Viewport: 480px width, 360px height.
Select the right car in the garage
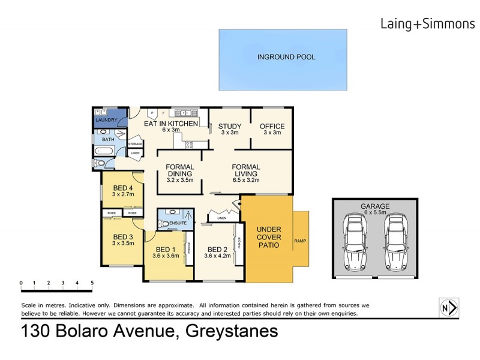pyautogui.click(x=395, y=242)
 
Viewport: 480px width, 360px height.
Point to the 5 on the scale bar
pyautogui.click(x=92, y=282)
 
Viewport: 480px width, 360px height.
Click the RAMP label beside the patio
pyautogui.click(x=300, y=241)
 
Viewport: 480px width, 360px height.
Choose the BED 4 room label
pyautogui.click(x=122, y=186)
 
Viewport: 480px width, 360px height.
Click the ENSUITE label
pyautogui.click(x=178, y=224)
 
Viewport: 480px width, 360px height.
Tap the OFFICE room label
pyautogui.click(x=272, y=126)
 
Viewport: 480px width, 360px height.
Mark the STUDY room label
pyautogui.click(x=229, y=126)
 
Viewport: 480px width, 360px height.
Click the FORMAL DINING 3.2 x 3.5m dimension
pyautogui.click(x=180, y=179)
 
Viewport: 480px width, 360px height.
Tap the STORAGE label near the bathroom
pyautogui.click(x=135, y=144)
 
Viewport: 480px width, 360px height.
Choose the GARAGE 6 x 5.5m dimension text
pyautogui.click(x=376, y=213)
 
